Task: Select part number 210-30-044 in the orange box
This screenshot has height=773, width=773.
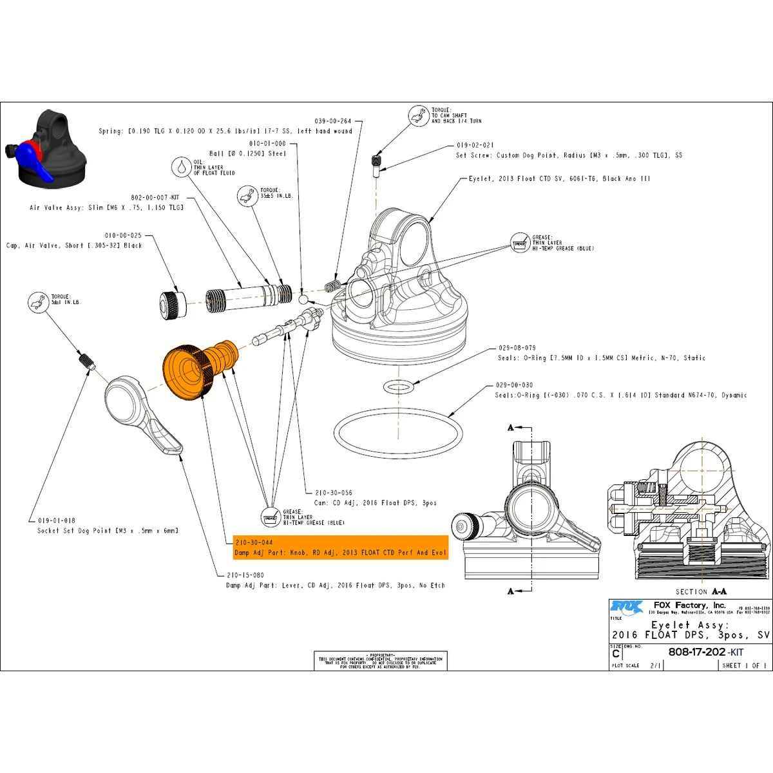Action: [x=254, y=542]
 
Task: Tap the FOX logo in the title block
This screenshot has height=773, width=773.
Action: [x=627, y=607]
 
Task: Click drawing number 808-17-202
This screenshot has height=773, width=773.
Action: [x=697, y=652]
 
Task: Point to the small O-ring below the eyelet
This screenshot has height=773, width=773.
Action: [x=398, y=386]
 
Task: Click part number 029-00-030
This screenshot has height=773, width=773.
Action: [x=514, y=385]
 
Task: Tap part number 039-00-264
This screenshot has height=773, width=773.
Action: [x=333, y=121]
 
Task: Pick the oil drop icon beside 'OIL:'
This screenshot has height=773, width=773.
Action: [x=182, y=167]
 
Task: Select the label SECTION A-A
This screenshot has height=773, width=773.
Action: [x=701, y=591]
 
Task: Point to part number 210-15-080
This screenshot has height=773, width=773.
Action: [x=245, y=575]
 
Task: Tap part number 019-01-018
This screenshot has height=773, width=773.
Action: [x=56, y=520]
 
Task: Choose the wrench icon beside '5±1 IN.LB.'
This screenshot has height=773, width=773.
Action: [x=38, y=301]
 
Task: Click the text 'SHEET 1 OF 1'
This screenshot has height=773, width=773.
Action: [x=744, y=665]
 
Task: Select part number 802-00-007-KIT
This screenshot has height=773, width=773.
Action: [x=155, y=197]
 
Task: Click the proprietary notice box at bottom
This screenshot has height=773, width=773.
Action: [x=381, y=661]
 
